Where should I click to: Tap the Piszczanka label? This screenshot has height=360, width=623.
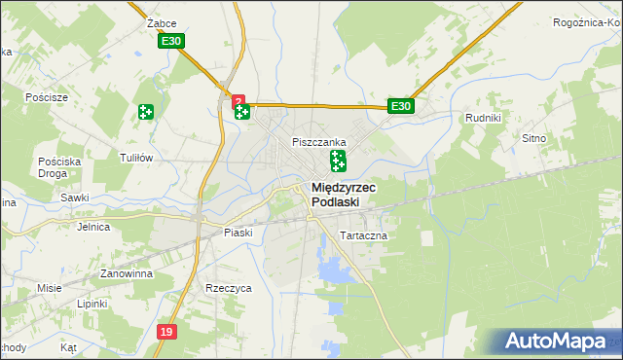(320, 142)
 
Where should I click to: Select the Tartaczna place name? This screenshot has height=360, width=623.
(363, 236)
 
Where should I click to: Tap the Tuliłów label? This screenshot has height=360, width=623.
(136, 158)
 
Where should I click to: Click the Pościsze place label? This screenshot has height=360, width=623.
(47, 97)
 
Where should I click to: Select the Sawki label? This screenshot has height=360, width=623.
(74, 197)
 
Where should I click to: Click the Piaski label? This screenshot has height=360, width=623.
(238, 233)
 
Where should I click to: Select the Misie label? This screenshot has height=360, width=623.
(50, 288)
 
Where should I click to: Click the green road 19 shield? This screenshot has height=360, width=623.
(166, 333)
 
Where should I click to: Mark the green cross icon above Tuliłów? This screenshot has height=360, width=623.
(146, 112)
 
